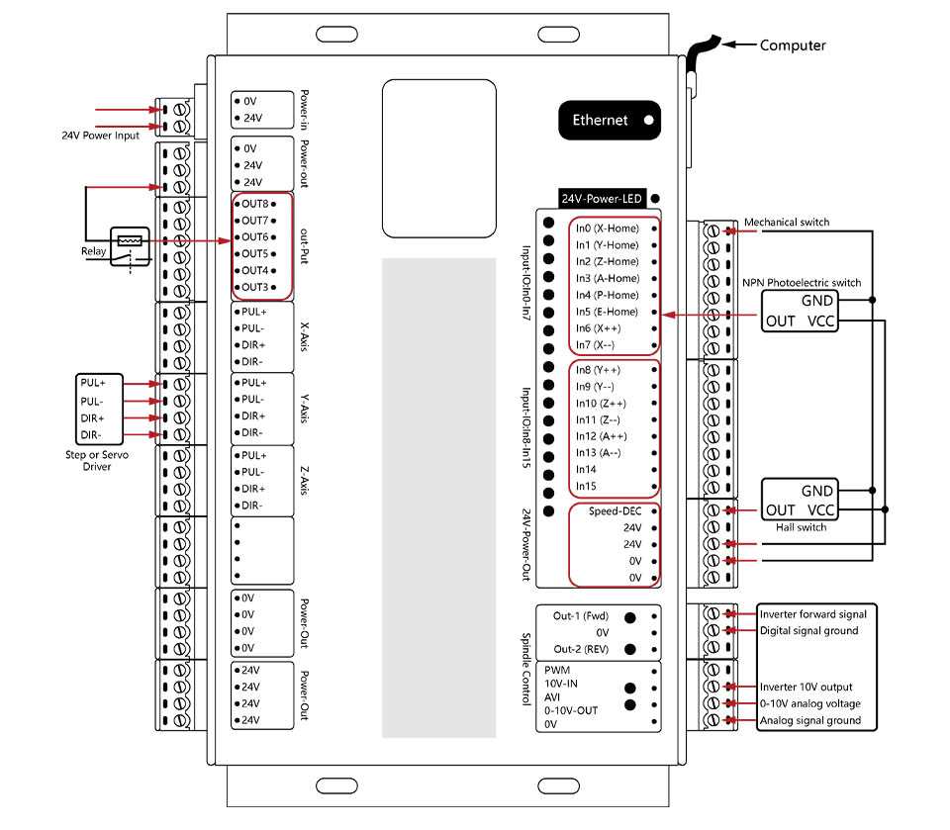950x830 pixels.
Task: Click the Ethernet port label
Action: [601, 120]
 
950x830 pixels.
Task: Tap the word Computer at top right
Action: [793, 45]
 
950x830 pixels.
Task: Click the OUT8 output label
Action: [255, 204]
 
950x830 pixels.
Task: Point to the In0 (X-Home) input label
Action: [607, 228]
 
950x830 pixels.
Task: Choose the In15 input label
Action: [587, 486]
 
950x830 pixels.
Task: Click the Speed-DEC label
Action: [616, 511]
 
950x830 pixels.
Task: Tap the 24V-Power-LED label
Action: [602, 199]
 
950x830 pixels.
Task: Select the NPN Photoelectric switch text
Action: [802, 282]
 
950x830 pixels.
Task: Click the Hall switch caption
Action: [801, 527]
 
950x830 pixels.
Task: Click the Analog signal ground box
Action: [809, 720]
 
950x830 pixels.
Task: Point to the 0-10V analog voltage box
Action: [809, 703]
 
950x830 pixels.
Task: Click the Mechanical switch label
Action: [786, 222]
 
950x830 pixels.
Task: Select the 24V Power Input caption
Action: [101, 136]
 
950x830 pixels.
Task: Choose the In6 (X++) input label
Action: [598, 328]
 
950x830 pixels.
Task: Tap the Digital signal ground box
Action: [808, 630]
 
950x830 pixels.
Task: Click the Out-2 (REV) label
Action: [580, 650]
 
